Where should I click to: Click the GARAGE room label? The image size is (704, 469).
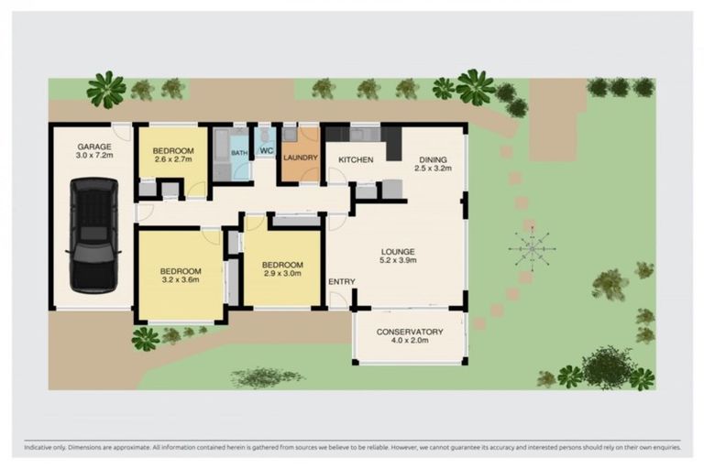pyautogui.click(x=94, y=147)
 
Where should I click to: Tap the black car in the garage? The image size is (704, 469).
pyautogui.click(x=94, y=235)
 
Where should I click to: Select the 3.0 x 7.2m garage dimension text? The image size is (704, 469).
pyautogui.click(x=94, y=157)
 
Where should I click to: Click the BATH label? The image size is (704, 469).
pyautogui.click(x=238, y=153)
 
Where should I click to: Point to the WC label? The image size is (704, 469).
pyautogui.click(x=266, y=150)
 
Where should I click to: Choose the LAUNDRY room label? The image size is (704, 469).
pyautogui.click(x=300, y=158)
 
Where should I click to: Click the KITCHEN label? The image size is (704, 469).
pyautogui.click(x=356, y=160)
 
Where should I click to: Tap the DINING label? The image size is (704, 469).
pyautogui.click(x=434, y=158)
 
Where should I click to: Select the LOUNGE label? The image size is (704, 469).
pyautogui.click(x=399, y=251)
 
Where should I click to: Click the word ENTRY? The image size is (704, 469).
pyautogui.click(x=341, y=281)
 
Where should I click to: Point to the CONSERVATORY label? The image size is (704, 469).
pyautogui.click(x=410, y=332)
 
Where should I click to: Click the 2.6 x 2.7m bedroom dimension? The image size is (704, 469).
pyautogui.click(x=173, y=161)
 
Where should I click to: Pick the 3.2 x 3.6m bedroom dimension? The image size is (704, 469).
pyautogui.click(x=181, y=281)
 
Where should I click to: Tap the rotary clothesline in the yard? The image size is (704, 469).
pyautogui.click(x=531, y=246)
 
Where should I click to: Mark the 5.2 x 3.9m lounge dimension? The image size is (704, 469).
pyautogui.click(x=399, y=261)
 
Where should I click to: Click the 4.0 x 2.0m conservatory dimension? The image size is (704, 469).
pyautogui.click(x=410, y=342)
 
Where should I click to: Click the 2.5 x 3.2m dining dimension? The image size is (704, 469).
pyautogui.click(x=434, y=169)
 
